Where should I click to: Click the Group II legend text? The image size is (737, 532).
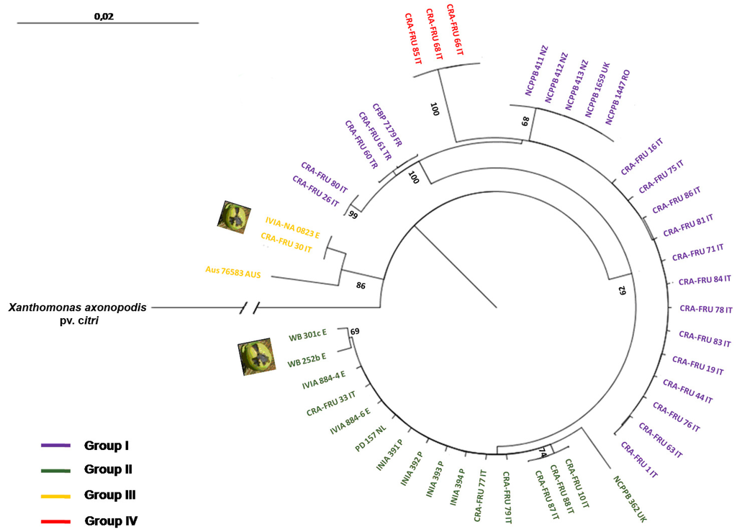point(108,470)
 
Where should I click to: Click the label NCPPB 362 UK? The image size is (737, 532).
point(626,497)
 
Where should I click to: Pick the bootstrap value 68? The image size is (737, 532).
point(525,120)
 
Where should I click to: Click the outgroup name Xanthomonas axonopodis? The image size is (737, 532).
point(78,307)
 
